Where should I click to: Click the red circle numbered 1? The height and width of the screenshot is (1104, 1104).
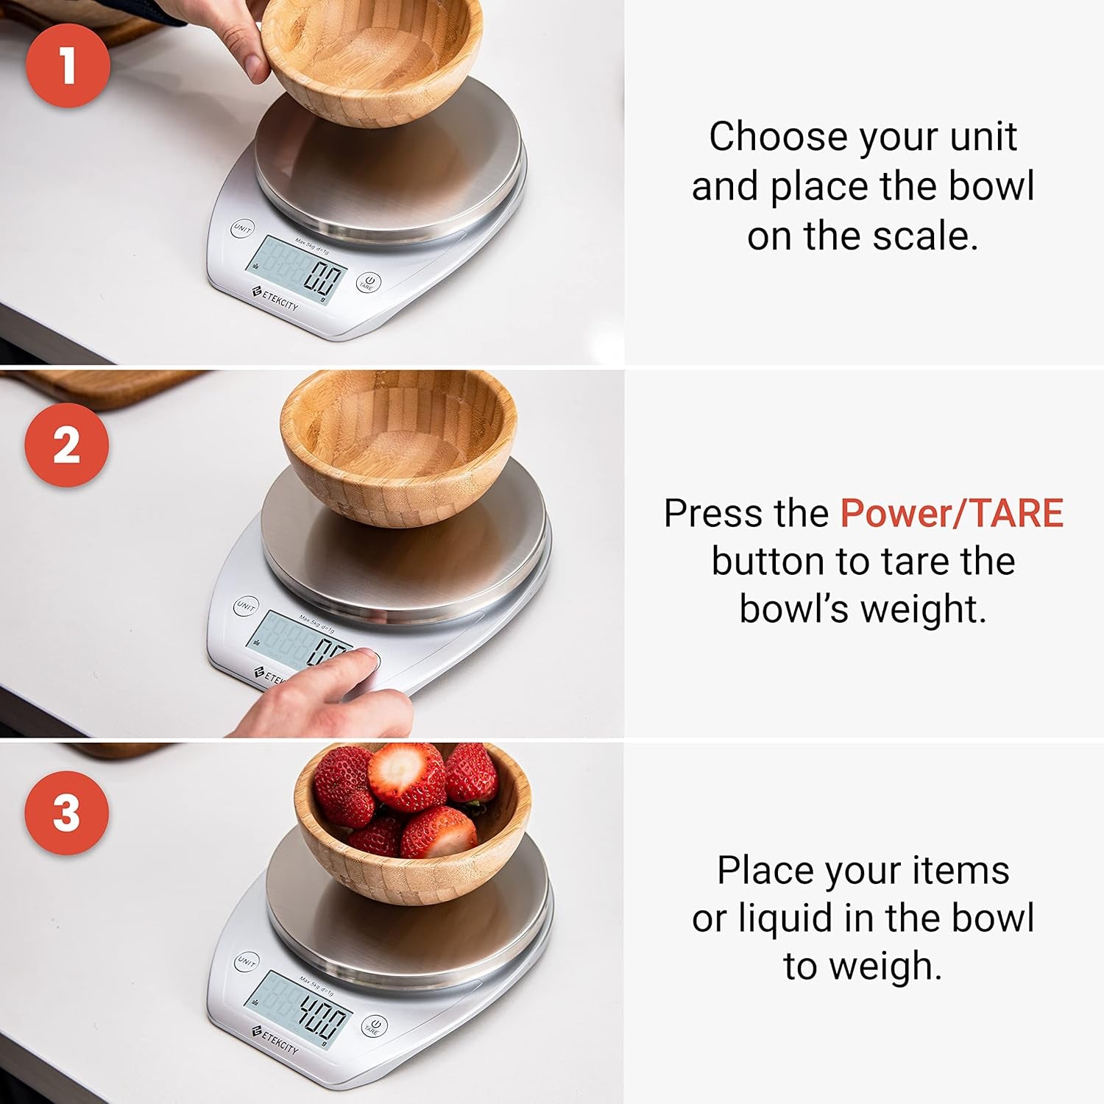68,65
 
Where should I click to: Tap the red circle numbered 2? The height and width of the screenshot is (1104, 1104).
66,445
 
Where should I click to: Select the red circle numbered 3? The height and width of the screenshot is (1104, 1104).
66,813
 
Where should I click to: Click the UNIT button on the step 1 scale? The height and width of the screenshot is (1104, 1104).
242,229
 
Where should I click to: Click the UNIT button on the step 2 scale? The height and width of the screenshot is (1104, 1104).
246,606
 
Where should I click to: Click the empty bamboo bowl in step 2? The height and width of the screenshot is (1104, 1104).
398,448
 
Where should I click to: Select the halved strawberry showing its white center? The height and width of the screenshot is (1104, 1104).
406,776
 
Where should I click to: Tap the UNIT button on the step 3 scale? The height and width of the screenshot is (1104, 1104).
246,961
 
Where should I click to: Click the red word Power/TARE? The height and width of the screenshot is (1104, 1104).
951,513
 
